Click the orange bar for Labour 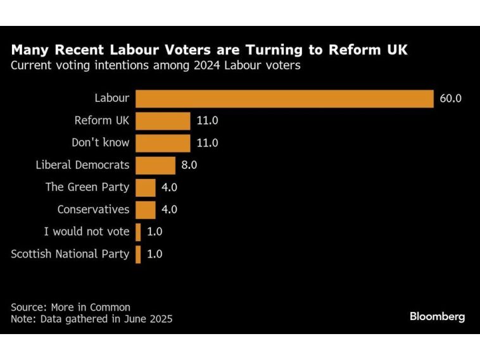(284, 98)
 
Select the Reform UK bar (163, 120)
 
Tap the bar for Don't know (163, 142)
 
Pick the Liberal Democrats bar (155, 165)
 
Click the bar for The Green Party (145, 187)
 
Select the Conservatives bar (145, 209)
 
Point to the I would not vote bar (138, 232)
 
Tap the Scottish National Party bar (138, 254)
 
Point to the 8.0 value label (189, 165)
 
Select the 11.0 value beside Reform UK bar (207, 120)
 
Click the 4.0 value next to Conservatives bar (170, 209)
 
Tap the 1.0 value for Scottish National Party (155, 254)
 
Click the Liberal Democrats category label (82, 165)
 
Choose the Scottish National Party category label (70, 254)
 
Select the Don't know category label (100, 142)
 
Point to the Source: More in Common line (70, 307)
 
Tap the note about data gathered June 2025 (91, 319)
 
